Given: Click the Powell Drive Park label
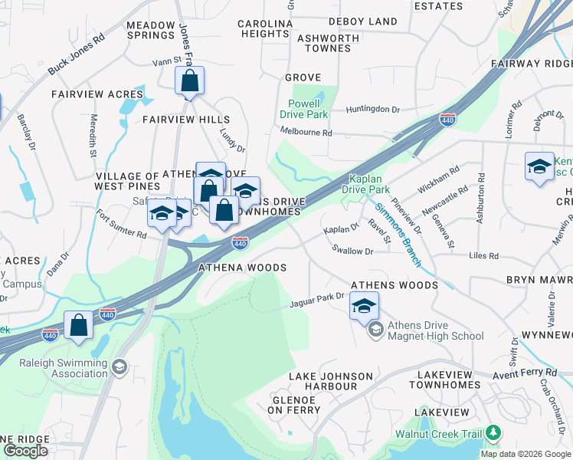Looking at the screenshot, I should [x=308, y=109].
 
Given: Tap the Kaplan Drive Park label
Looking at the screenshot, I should [x=370, y=183].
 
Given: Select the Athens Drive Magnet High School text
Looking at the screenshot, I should [x=435, y=330].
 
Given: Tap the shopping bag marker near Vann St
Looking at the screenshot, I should [x=189, y=80].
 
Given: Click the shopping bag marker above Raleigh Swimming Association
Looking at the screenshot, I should [x=79, y=325].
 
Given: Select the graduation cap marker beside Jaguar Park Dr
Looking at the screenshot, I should [x=364, y=308].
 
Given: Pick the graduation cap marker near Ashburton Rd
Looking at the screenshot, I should [x=539, y=167].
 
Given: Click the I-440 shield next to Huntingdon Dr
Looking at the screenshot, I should [x=448, y=120].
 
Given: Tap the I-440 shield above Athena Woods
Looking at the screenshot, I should [x=240, y=243].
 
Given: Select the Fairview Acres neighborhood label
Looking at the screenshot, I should [x=87, y=94].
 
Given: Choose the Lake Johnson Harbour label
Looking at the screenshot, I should [x=331, y=381].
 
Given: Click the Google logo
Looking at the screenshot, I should [x=25, y=451].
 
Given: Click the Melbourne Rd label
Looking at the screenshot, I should [x=306, y=133].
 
